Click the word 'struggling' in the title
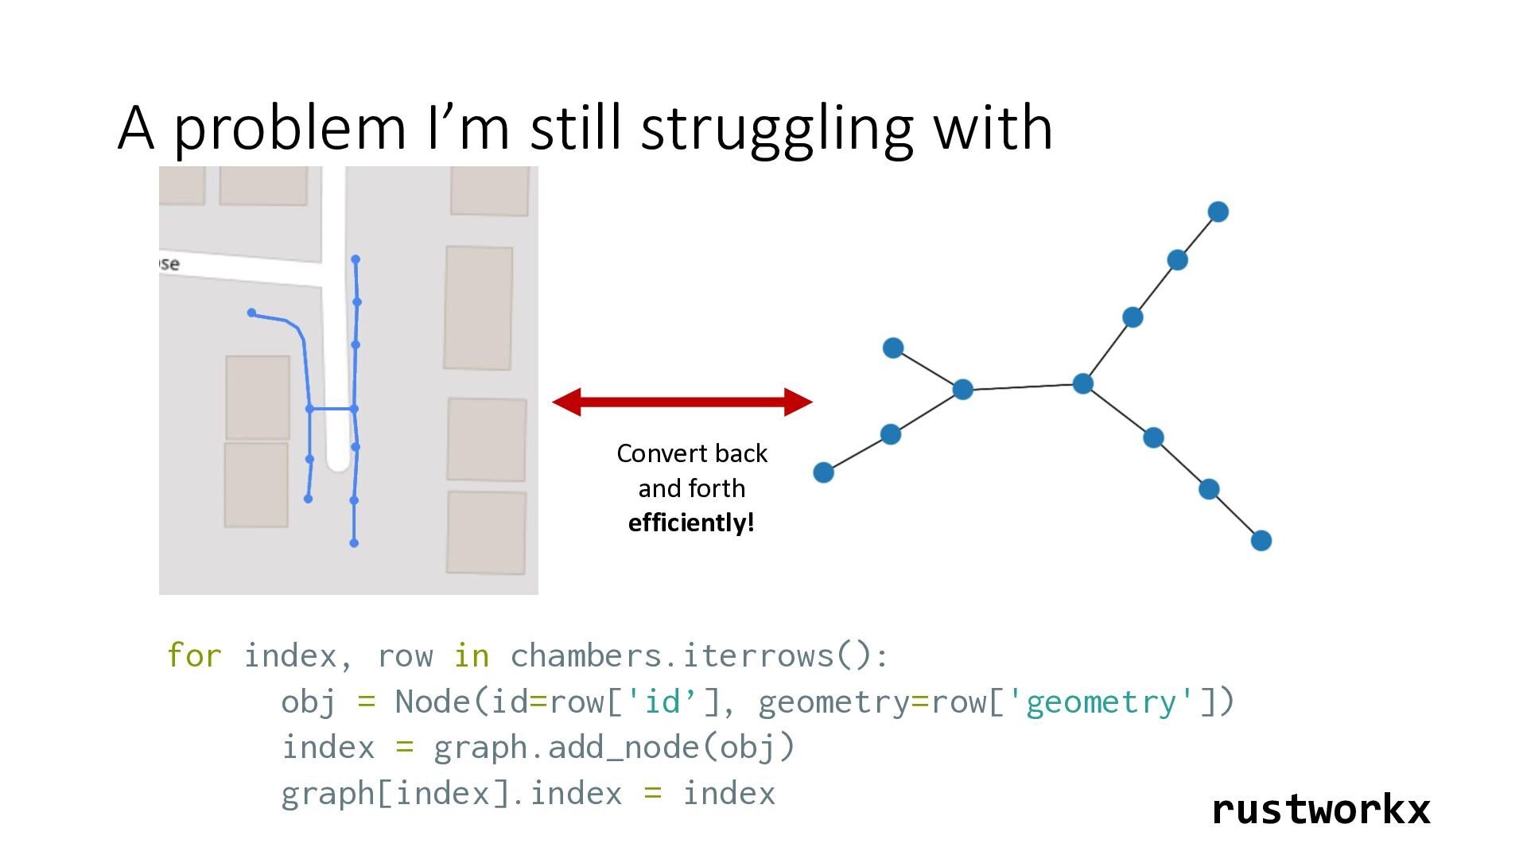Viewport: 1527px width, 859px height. pyautogui.click(x=777, y=129)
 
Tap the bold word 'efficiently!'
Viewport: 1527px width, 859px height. pyautogui.click(x=691, y=523)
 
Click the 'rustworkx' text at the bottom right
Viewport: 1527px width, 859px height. pyautogui.click(x=1321, y=810)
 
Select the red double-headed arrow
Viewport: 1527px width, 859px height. pyautogui.click(x=682, y=402)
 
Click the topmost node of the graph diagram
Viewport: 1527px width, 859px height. pyautogui.click(x=1218, y=212)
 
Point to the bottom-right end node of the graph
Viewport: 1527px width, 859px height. pyautogui.click(x=1261, y=541)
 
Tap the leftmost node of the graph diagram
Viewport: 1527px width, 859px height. pyautogui.click(x=823, y=472)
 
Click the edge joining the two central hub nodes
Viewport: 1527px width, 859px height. pyautogui.click(x=1023, y=387)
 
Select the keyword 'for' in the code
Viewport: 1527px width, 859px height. pyautogui.click(x=194, y=656)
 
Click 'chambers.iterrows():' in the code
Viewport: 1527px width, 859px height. pyautogui.click(x=699, y=656)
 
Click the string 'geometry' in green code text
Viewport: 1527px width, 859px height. pyautogui.click(x=1101, y=702)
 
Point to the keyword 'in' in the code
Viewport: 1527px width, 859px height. pyautogui.click(x=471, y=656)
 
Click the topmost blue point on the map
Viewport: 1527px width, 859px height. pyautogui.click(x=356, y=259)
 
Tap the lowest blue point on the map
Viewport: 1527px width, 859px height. pyautogui.click(x=354, y=543)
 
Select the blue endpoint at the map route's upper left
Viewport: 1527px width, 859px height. pyautogui.click(x=251, y=313)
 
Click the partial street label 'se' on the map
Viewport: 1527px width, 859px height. pyautogui.click(x=169, y=263)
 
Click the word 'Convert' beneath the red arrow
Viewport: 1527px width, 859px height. pyautogui.click(x=655, y=453)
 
